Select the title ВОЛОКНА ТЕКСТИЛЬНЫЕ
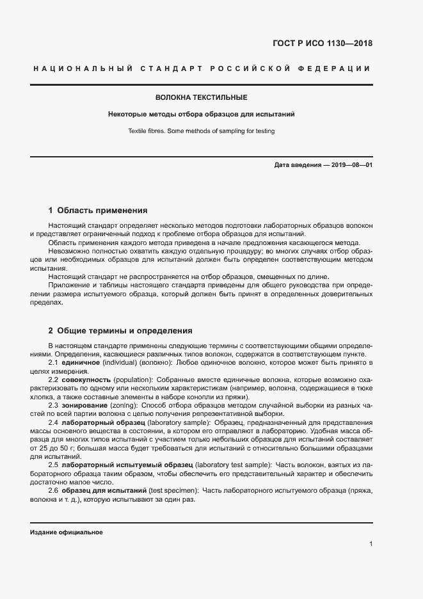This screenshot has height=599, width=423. [x=202, y=97]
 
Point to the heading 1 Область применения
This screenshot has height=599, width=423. [x=98, y=210]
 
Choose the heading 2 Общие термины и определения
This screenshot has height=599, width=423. [x=120, y=331]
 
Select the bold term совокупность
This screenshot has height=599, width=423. [x=86, y=379]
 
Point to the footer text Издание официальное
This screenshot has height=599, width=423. [x=67, y=532]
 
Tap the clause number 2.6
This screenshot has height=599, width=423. [x=54, y=490]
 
